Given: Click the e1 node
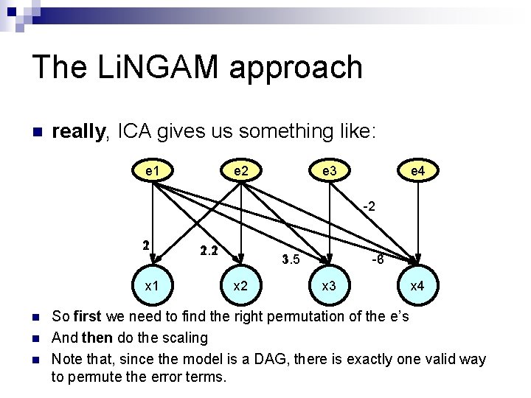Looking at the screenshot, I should pos(153,171).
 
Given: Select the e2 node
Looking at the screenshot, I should pos(240,171).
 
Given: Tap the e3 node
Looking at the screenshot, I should pos(330,171).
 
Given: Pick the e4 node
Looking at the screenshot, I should pos(417,172).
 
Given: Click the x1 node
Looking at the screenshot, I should pos(153,284).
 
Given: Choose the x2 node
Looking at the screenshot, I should pos(240,284).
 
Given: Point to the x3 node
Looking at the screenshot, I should pos(330,284).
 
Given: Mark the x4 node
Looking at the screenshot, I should pos(417,285).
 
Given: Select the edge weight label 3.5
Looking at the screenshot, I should pos(291,259).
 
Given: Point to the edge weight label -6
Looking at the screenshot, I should pos(376,259).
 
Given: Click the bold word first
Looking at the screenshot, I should pos(88,317).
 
